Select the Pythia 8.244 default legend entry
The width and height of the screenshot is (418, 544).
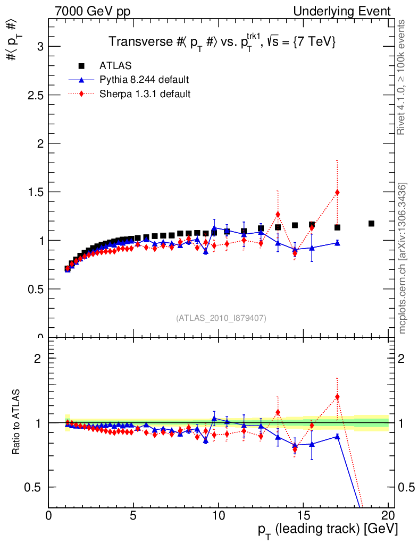coord(144,80)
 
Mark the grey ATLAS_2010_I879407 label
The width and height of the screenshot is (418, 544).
coord(221,318)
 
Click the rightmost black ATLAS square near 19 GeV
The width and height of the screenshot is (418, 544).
coord(371,224)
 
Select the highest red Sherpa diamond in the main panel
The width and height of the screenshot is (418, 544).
coord(337,192)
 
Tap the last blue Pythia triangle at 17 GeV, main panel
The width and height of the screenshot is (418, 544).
coord(337,242)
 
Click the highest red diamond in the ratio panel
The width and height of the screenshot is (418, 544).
coord(337,397)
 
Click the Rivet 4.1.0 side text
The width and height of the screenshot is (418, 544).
coord(402,77)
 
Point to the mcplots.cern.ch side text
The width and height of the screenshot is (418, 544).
coord(403,258)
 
